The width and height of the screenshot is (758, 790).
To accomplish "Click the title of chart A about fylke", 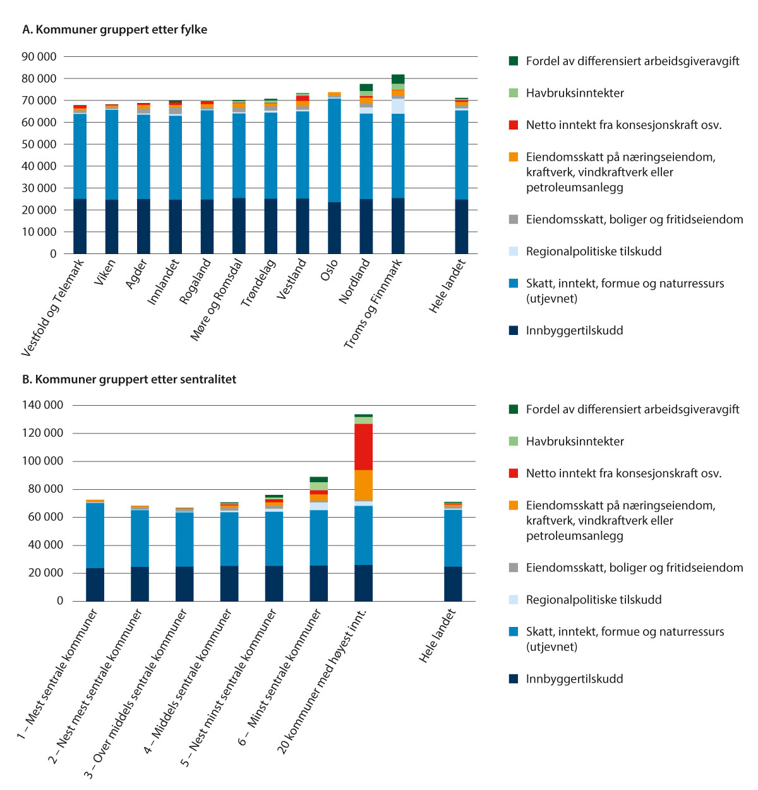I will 114,30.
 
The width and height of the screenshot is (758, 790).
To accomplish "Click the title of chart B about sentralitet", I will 129,379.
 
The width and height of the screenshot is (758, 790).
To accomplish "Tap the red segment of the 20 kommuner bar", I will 363,447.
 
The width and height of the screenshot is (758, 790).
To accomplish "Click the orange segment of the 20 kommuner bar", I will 363,485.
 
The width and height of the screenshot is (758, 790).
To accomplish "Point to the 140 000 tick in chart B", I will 42,405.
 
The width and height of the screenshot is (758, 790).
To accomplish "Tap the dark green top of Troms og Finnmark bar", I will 398,79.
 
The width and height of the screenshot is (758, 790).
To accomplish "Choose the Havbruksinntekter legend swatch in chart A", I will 514,93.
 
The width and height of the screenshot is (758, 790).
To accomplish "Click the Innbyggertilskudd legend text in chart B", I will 574,679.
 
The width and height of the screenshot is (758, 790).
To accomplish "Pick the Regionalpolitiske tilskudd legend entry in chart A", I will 593,252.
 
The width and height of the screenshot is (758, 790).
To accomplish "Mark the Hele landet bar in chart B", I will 453,553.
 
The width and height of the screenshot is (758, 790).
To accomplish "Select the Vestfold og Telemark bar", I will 80,183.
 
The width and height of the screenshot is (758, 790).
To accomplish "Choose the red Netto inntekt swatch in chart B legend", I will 514,473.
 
